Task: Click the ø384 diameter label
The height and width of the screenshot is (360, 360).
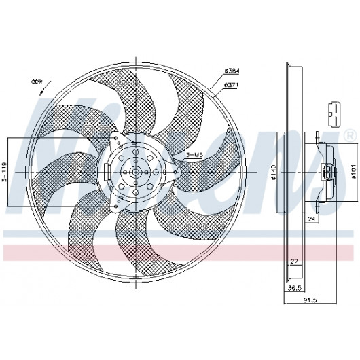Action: (x=232, y=71)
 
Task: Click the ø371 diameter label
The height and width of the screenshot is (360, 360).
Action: (x=231, y=85)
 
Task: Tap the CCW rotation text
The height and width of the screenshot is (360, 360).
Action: (x=37, y=82)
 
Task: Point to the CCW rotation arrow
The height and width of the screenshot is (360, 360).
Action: (x=45, y=87)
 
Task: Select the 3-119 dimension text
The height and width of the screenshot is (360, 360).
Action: (x=5, y=173)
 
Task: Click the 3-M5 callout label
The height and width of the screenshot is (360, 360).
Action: (x=194, y=155)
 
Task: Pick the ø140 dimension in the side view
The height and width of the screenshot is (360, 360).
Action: (x=273, y=173)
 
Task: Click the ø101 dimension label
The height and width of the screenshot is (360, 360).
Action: (x=354, y=171)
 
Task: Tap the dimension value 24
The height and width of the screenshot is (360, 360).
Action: (x=311, y=219)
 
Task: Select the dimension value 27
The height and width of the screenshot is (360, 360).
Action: (x=294, y=262)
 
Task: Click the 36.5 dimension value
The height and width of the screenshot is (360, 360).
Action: (x=295, y=288)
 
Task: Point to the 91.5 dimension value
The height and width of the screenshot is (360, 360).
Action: (x=310, y=300)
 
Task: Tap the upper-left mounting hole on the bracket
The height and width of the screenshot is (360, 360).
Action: (x=116, y=138)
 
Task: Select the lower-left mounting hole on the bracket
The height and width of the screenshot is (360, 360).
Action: (x=116, y=206)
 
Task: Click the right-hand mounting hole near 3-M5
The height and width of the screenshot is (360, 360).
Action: (x=176, y=172)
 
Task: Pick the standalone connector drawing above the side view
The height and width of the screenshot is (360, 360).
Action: (x=334, y=113)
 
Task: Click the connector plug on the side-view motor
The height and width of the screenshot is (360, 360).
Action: (x=327, y=173)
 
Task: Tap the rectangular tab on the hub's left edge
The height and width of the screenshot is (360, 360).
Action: (x=107, y=172)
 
